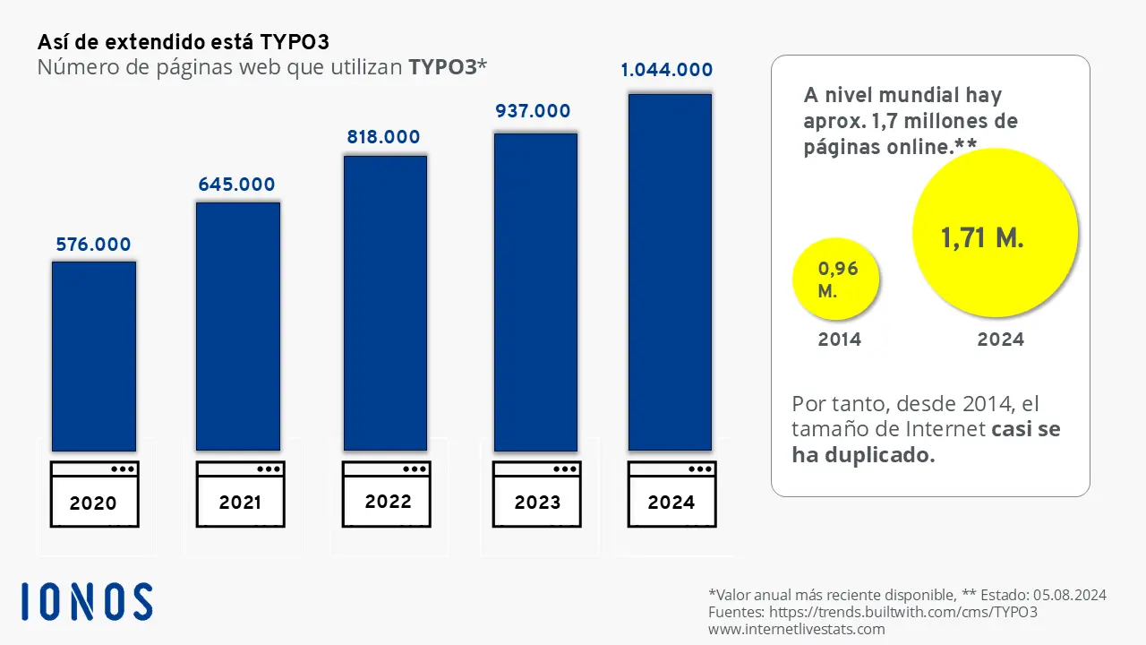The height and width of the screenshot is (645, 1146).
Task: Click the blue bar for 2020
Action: tap(94, 356)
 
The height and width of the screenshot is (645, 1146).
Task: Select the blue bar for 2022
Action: tap(386, 303)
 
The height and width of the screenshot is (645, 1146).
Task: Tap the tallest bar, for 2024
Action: tap(670, 271)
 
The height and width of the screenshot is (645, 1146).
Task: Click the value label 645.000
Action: tap(237, 185)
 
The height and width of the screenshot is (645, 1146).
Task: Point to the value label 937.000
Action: tap(533, 111)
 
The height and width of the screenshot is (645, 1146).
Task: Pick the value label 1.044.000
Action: tap(667, 70)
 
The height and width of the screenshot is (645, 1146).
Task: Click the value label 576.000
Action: tap(93, 245)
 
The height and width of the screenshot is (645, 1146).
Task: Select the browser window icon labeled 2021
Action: tap(240, 494)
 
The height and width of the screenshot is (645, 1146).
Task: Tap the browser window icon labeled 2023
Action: tap(537, 494)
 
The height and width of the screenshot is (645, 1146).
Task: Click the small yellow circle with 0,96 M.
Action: tap(836, 279)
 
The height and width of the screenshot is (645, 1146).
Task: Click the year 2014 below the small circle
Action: tap(839, 340)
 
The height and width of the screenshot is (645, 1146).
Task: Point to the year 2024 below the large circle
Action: tap(1000, 340)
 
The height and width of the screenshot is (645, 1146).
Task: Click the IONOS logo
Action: tap(87, 601)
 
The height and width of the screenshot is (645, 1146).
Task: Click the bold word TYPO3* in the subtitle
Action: tap(447, 66)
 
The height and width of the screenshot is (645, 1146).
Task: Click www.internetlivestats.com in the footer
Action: tap(796, 629)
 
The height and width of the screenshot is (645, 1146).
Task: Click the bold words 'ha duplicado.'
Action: tap(863, 455)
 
